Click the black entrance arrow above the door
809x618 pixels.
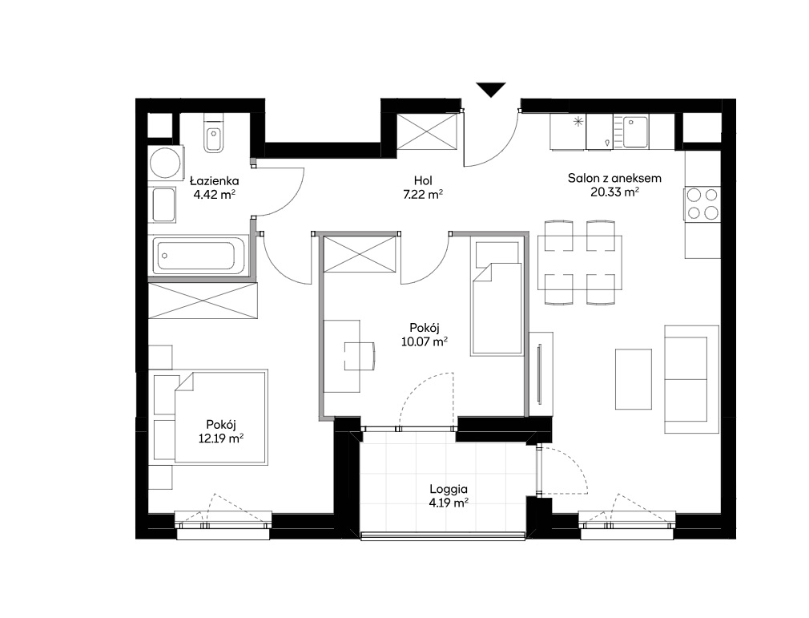pos(491,89)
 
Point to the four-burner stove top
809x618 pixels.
pos(702,204)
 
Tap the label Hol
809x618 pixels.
pos(423,180)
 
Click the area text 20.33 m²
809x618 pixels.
pos(614,192)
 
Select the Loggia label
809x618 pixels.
pos(449,489)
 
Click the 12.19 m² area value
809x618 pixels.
pos(221,438)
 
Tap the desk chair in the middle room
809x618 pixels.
pos(360,356)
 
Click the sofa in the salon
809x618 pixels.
pos(691,379)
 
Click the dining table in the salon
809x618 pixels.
pos(579,262)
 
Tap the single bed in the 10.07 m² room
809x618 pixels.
pos(497,298)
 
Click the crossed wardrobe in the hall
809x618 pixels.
pos(427,132)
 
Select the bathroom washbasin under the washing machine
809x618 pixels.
pos(163,205)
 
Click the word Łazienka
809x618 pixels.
pos(214,180)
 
